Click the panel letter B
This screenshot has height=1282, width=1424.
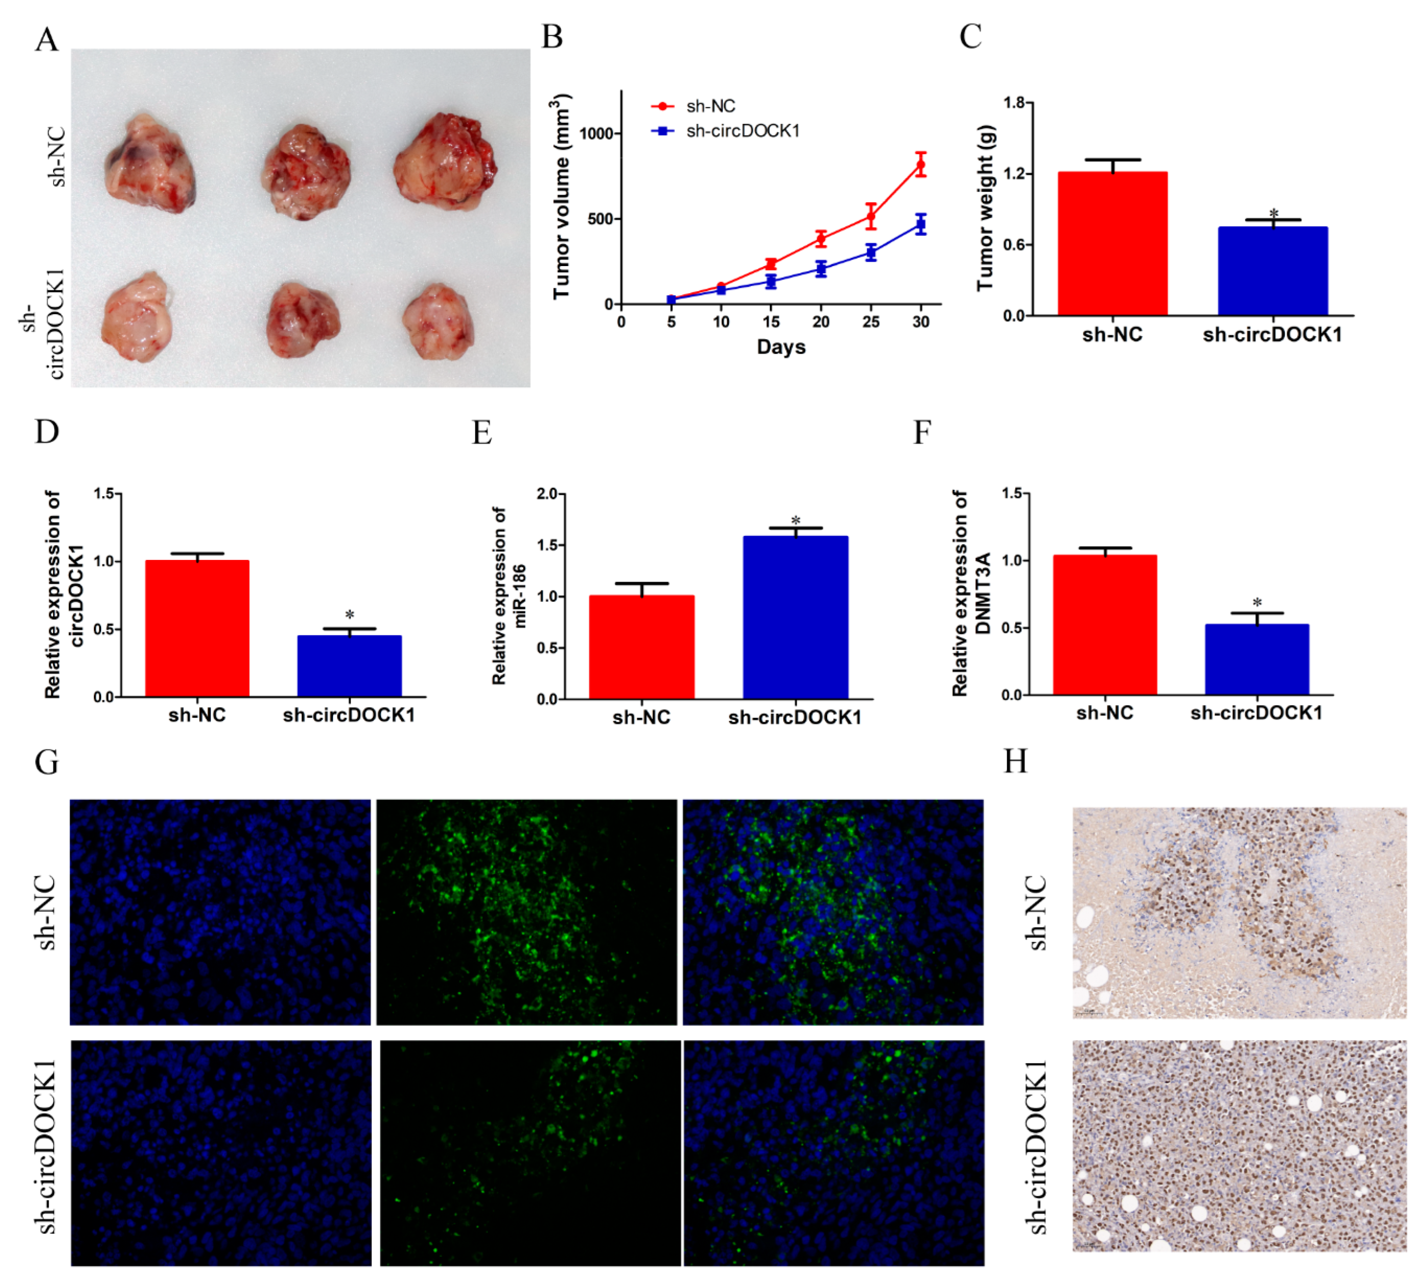552,37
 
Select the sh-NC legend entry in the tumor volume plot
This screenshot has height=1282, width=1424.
710,106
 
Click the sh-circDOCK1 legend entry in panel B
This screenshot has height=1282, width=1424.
742,131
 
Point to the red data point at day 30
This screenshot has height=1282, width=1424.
920,165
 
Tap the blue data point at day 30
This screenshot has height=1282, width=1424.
920,225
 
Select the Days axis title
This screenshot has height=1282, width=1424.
781,347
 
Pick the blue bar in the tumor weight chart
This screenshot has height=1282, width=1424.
1272,271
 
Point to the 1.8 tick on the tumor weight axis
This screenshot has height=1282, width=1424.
1014,104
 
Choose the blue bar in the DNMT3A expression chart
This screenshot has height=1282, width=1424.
1256,660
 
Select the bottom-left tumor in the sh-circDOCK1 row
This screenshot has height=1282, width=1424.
137,318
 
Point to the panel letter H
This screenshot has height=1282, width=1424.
1015,762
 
